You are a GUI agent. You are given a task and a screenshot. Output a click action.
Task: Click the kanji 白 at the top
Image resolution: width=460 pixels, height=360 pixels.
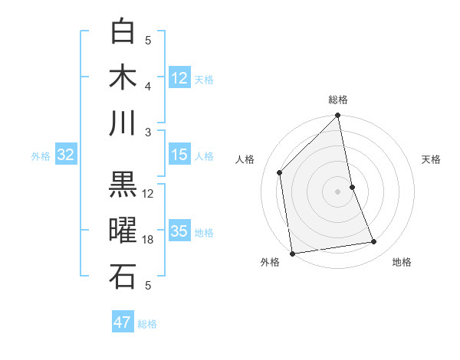tap(123, 32)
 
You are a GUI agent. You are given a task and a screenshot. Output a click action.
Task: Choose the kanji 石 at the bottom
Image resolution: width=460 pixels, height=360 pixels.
tap(123, 276)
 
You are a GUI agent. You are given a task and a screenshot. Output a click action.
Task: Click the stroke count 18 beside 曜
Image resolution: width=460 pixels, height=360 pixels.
tap(149, 240)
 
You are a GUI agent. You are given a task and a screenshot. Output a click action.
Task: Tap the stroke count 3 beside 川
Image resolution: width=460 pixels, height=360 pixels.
tap(149, 131)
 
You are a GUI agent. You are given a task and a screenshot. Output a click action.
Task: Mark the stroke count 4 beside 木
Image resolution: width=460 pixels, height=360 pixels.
tap(149, 86)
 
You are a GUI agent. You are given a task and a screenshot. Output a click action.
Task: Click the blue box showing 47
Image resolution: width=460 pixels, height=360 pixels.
tap(123, 322)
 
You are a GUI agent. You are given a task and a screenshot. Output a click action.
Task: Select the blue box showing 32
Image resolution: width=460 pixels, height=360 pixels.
tap(65, 155)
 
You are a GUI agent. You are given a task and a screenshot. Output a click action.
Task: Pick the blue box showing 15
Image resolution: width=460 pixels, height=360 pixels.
tap(179, 155)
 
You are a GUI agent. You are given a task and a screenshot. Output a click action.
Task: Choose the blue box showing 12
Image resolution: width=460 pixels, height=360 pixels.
tap(179, 77)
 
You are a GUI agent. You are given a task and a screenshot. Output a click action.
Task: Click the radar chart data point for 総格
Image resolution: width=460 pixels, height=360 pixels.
tap(337, 116)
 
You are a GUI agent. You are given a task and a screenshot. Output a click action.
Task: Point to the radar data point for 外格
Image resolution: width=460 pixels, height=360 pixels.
tap(292, 254)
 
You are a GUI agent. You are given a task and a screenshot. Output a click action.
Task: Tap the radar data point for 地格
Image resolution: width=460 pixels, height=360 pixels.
tap(374, 242)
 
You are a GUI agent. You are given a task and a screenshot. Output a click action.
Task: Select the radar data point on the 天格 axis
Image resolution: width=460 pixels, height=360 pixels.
tap(352, 187)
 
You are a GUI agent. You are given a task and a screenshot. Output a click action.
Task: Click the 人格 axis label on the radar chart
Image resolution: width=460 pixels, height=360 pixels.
tap(245, 159)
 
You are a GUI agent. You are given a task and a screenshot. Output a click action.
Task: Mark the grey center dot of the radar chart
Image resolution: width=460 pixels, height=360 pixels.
tap(337, 191)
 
